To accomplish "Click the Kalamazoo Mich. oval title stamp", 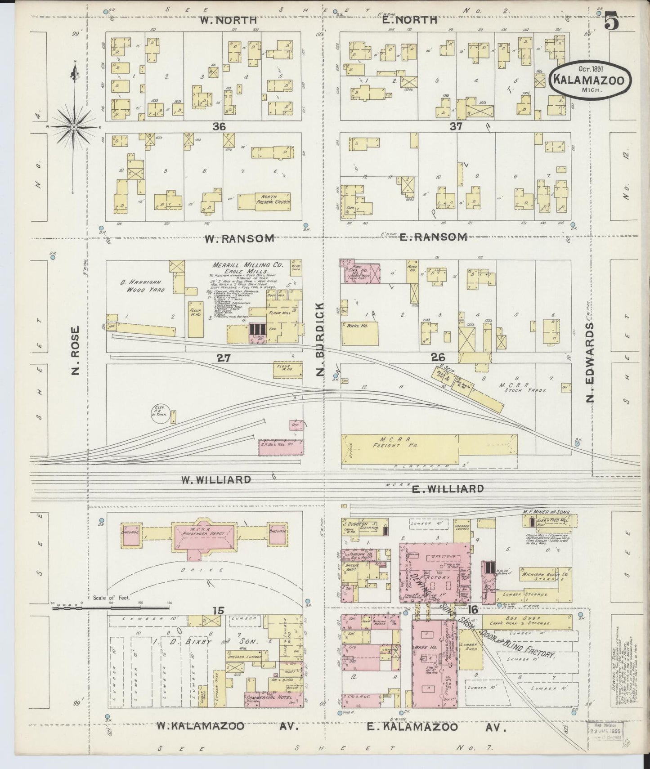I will [590, 80].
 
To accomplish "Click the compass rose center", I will [73, 128].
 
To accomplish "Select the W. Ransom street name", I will [239, 239].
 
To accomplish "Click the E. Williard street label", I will [448, 489].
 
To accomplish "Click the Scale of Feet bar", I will [110, 608].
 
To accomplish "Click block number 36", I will [219, 127].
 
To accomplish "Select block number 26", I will [438, 358].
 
